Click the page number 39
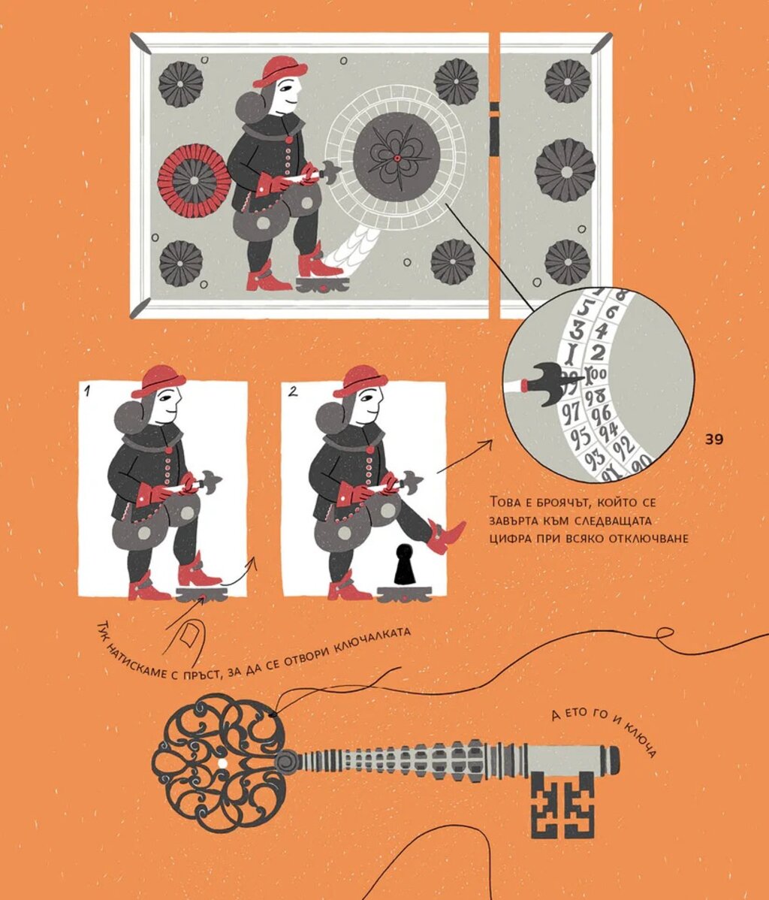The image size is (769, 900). pos(714,439)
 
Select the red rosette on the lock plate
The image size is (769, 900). pos(194,180)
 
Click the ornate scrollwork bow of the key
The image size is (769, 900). pos(220,763)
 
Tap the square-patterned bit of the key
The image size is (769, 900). pos(562,804)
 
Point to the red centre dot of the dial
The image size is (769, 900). pos(397,158)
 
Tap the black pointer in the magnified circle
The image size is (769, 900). pos(548,384)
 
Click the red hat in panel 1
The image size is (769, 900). pos(158,381)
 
